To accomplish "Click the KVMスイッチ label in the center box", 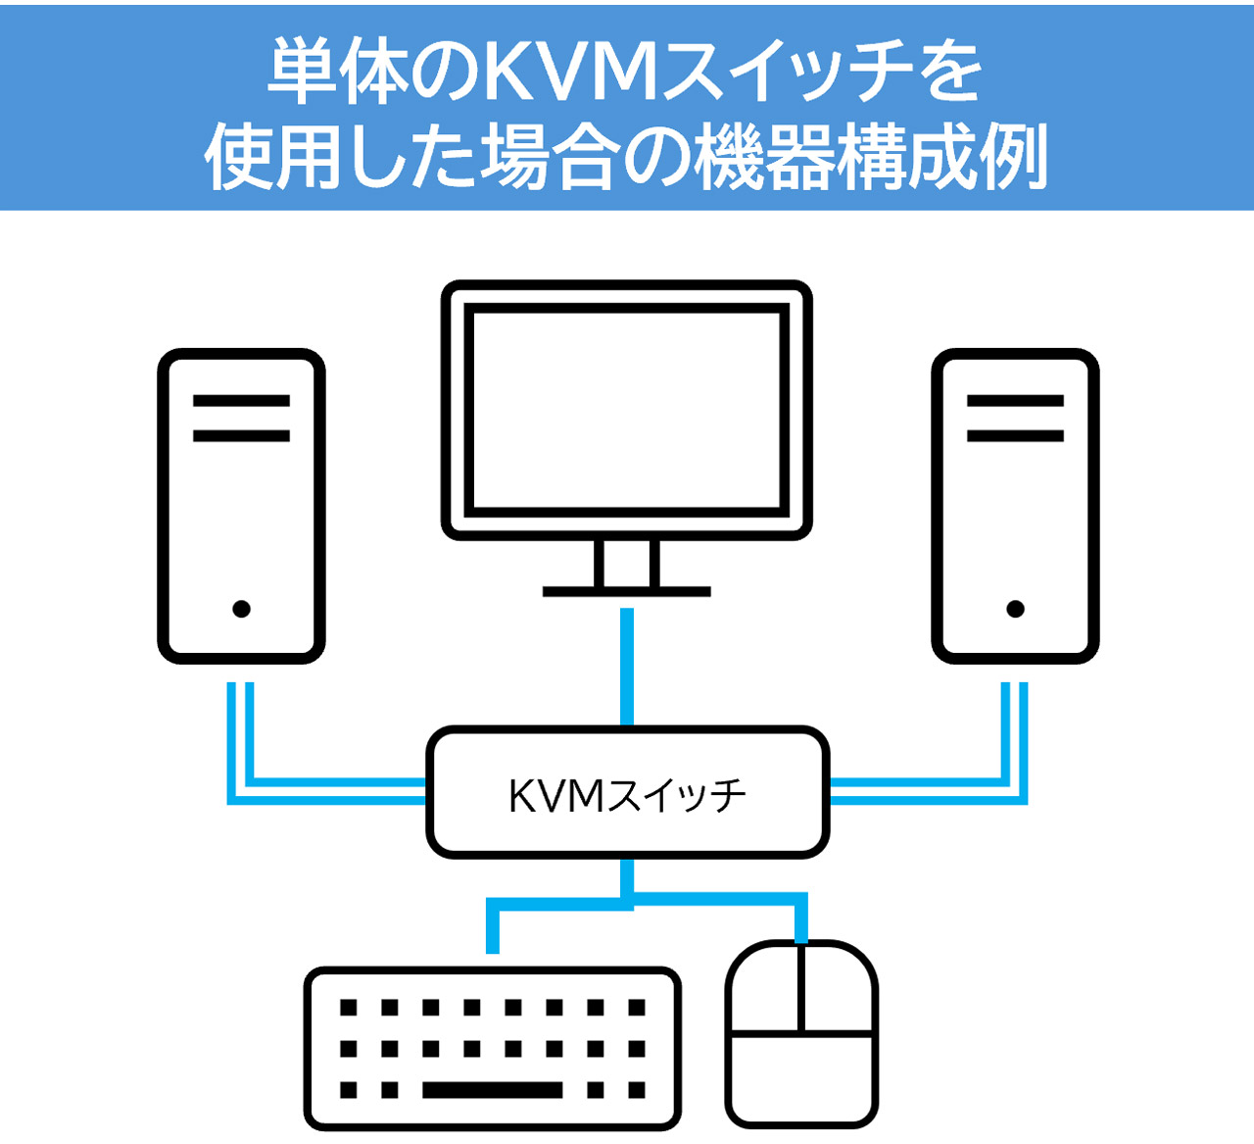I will point(627,795).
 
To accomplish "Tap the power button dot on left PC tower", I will point(241,609).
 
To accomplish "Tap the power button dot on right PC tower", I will point(1015,609).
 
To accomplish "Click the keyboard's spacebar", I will point(492,1090).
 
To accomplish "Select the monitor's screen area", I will point(627,408).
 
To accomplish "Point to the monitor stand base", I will point(627,591).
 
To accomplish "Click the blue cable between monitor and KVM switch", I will point(627,667).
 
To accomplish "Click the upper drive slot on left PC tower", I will point(241,400).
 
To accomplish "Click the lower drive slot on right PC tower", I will point(1015,435).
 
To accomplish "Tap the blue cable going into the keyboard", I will point(493,926).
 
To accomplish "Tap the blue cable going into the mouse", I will point(802,917).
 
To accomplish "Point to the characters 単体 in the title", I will point(338,72).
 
